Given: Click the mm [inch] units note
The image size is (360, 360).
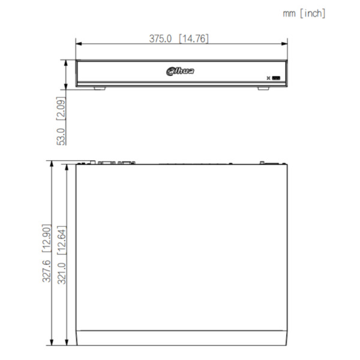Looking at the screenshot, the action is (x=304, y=14).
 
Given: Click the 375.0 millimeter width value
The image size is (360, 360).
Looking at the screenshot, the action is (x=160, y=38).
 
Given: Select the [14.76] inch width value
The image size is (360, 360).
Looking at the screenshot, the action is (x=194, y=38).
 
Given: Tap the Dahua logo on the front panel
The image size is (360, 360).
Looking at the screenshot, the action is (x=180, y=71).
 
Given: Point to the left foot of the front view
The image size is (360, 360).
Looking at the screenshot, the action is (x=100, y=88).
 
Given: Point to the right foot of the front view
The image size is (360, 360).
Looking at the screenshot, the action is (x=263, y=88).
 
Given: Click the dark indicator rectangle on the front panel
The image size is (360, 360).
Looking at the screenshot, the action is (x=276, y=78).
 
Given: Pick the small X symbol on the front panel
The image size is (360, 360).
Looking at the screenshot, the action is (x=268, y=78).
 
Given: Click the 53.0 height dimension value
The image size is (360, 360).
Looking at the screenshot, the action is (x=61, y=137).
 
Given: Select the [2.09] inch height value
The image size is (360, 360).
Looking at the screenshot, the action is (x=61, y=109).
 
